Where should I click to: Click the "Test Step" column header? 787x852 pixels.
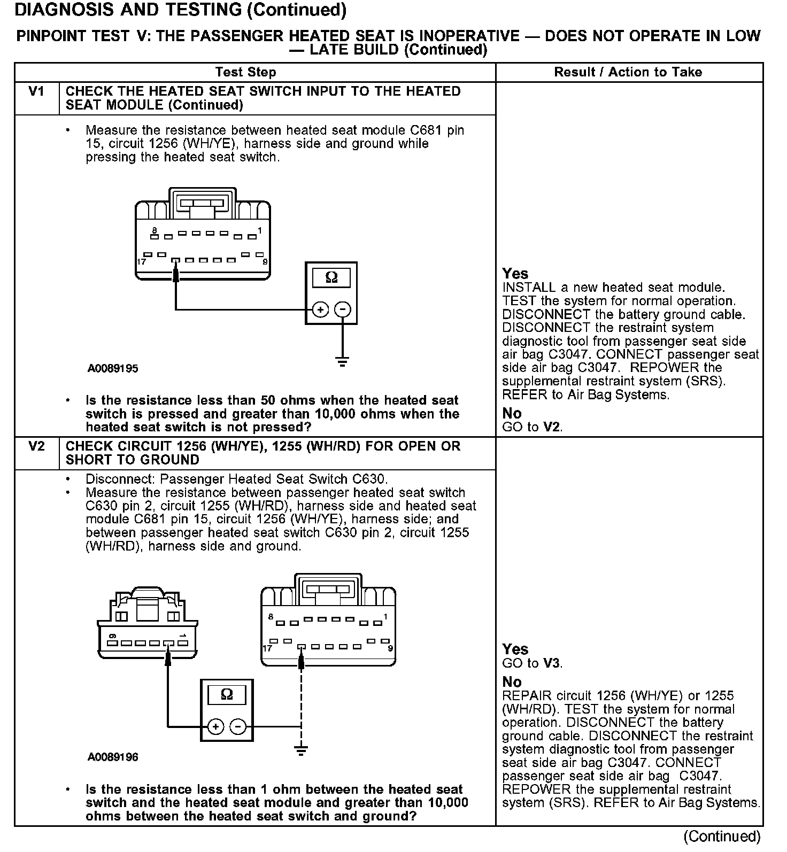245,72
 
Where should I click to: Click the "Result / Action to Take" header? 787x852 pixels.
628,72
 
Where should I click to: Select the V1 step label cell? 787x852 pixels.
36,92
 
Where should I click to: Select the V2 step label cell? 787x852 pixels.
36,447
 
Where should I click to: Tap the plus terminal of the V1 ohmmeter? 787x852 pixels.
320,309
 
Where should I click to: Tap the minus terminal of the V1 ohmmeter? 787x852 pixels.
343,309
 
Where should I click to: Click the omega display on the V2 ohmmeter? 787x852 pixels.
227,694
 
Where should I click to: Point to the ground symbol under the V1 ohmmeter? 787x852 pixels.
343,361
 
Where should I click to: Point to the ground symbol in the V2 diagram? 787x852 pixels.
302,749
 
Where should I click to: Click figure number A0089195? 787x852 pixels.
113,369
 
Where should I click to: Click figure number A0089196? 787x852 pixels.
113,757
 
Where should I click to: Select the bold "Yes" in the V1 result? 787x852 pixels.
515,274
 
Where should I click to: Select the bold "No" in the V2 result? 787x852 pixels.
512,682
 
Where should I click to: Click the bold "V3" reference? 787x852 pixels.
552,663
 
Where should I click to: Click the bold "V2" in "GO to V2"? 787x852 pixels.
552,427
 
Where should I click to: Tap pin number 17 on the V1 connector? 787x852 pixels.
142,262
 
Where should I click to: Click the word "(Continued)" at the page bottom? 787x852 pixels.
722,836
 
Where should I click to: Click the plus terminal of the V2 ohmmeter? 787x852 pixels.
215,726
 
